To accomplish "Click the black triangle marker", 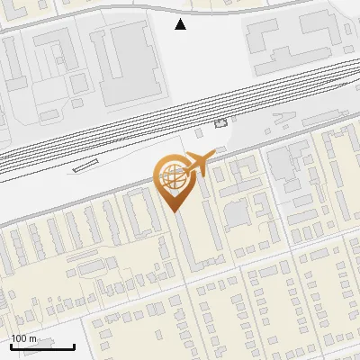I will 181,24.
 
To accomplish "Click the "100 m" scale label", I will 24,338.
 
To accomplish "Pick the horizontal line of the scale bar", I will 42,346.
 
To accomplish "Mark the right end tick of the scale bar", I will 74,345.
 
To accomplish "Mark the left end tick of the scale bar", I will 11,345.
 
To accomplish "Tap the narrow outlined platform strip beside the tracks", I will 85,165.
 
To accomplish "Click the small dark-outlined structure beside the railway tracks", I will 221,123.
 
